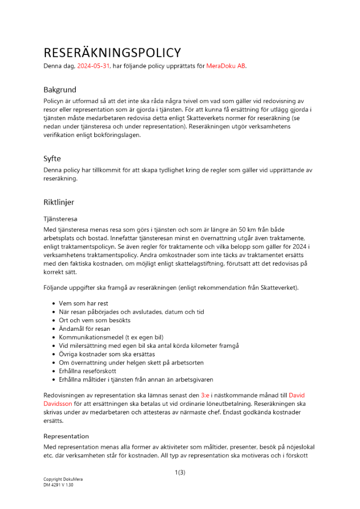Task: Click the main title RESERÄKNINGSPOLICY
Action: [x=112, y=52]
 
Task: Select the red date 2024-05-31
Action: [x=94, y=66]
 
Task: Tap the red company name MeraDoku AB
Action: [x=226, y=66]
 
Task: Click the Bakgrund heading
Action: [x=60, y=90]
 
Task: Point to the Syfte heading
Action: [x=52, y=158]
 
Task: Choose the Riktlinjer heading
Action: [x=59, y=202]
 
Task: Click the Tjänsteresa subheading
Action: [x=60, y=219]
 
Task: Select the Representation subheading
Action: [x=66, y=436]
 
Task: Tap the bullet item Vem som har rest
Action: [x=84, y=303]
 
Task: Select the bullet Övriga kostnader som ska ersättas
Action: [x=107, y=354]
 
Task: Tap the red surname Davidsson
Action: [x=59, y=404]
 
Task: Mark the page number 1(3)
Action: [x=180, y=473]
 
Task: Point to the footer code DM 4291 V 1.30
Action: [x=59, y=485]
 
